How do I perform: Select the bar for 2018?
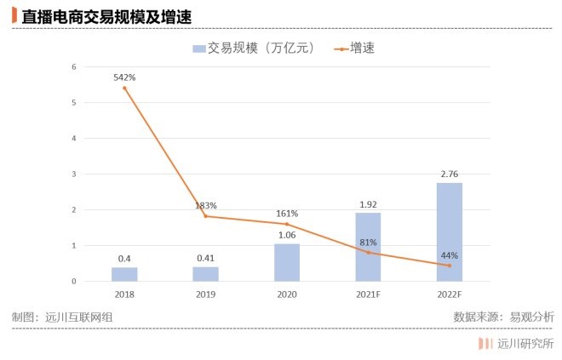[124, 274]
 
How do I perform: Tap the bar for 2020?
[287, 262]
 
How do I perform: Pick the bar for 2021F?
[368, 247]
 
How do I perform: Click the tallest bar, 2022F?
[450, 231]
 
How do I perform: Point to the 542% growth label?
[124, 77]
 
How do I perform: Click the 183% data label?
[205, 205]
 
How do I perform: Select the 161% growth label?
[287, 213]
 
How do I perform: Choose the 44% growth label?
[450, 254]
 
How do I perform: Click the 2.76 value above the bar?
[450, 174]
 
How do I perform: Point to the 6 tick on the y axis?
[74, 67]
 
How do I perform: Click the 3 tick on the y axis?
[74, 174]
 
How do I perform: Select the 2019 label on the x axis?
[205, 294]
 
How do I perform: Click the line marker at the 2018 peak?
[124, 88]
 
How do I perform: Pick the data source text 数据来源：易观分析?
[503, 317]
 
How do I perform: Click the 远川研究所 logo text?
[525, 344]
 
